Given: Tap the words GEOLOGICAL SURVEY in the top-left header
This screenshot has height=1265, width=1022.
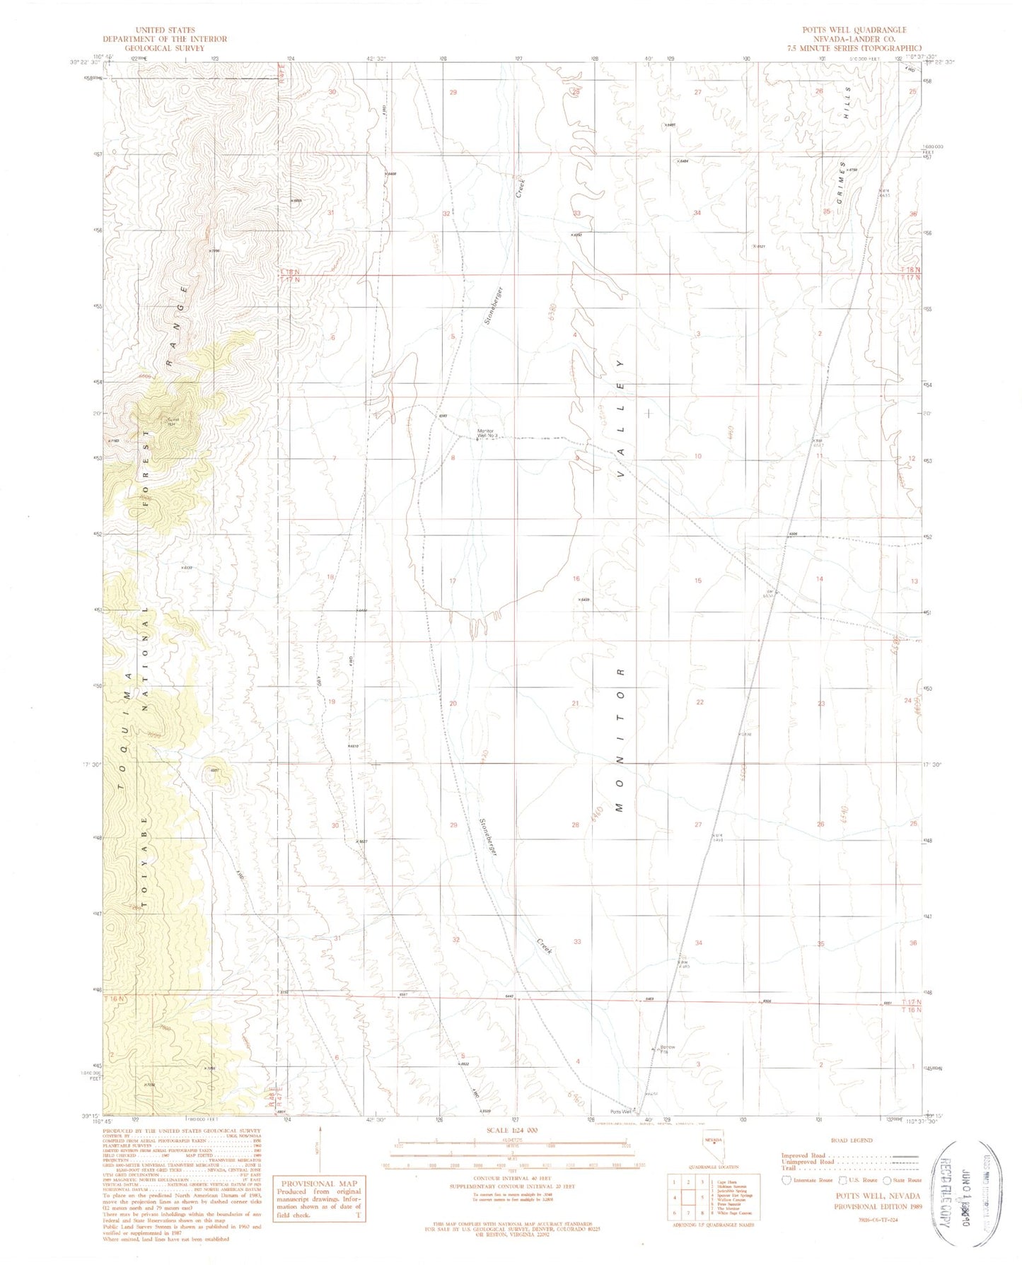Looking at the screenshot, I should point(165,48).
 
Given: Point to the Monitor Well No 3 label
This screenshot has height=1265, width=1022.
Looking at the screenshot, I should point(488,433).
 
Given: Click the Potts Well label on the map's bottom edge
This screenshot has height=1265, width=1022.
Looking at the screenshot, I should point(622,1109).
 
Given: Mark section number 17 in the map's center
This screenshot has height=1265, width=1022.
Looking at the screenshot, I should point(453,581).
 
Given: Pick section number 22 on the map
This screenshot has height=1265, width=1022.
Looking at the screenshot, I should point(699,702).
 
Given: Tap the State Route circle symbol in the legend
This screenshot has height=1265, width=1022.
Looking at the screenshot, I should point(888,1179).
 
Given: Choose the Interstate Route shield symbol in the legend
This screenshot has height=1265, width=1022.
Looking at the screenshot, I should point(786,1179).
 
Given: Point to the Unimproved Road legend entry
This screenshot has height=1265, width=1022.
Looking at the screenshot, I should point(808,1162).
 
